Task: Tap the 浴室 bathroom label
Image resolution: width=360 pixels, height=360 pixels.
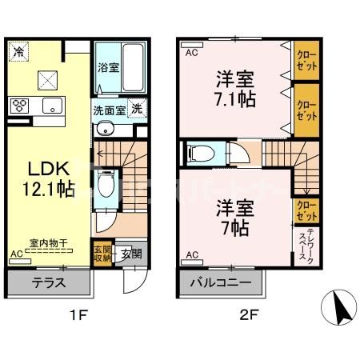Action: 110,68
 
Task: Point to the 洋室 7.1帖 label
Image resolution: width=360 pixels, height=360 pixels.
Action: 234,90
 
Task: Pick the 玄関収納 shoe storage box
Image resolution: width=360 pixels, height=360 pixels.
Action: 103,252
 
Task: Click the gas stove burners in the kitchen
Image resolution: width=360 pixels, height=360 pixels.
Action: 20,106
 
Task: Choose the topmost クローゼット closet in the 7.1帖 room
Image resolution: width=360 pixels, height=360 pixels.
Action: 306,59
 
